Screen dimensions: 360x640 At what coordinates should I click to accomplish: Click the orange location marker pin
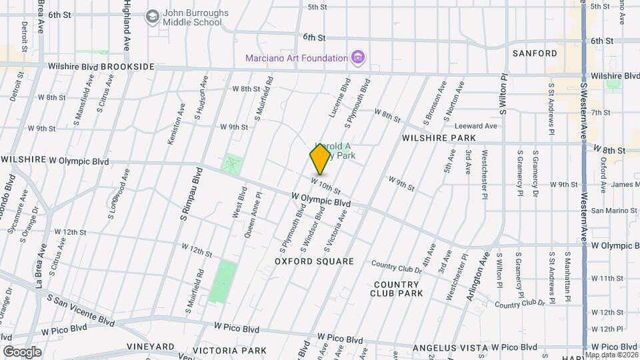320,159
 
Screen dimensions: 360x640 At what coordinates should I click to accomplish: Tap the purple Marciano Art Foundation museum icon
358,57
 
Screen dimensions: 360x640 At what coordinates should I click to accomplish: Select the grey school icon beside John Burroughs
153,16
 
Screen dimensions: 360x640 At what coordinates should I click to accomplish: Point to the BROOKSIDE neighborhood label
128,67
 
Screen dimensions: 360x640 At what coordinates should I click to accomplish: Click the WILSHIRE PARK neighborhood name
439,138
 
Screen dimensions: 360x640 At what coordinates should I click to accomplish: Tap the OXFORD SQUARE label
314,261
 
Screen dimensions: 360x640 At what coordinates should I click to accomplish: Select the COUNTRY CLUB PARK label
397,289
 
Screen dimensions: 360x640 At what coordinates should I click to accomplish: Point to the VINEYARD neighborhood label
151,347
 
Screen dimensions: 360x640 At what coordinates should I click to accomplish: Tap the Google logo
22,351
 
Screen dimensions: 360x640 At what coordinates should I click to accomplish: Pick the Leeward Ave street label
476,126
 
